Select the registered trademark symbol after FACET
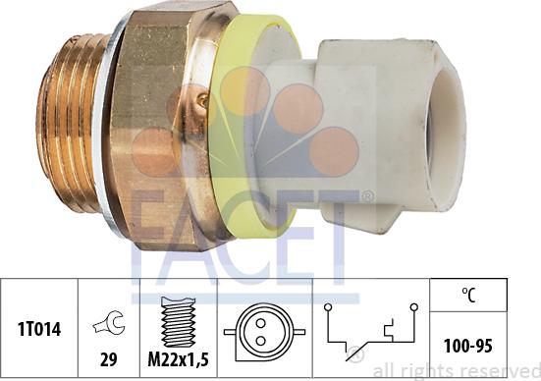pyautogui.click(x=367, y=197)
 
